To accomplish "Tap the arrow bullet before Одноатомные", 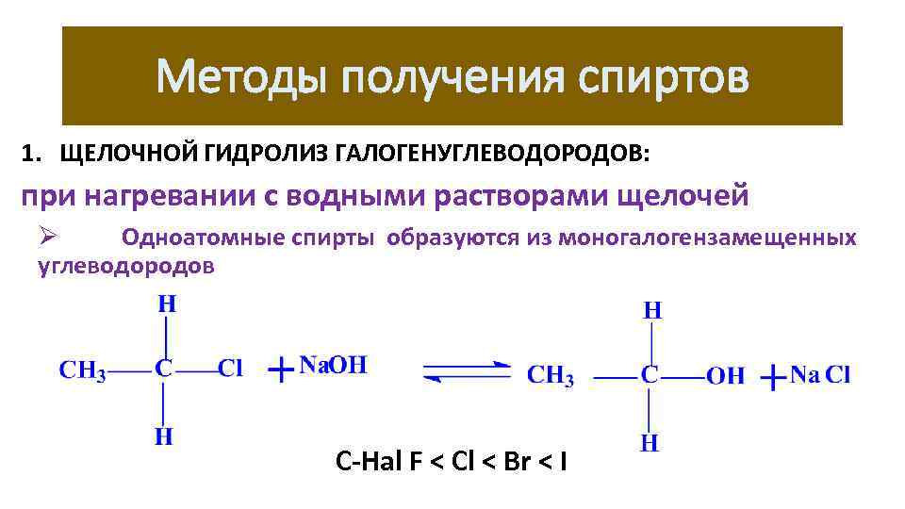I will click(x=50, y=236).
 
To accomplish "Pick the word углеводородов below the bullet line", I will click(x=125, y=266).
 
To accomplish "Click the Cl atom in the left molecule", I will click(x=230, y=369).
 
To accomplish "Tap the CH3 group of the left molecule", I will click(x=83, y=369).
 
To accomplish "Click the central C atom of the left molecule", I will click(x=164, y=369).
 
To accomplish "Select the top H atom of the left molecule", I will click(x=166, y=304).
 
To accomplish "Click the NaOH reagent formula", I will click(x=332, y=366).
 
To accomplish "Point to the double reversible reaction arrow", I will click(x=467, y=371).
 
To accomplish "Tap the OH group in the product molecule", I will click(x=725, y=375).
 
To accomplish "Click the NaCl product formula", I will click(x=820, y=374).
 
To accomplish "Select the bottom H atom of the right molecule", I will click(x=650, y=442).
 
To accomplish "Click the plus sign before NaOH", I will click(x=280, y=369).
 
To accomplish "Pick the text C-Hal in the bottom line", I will click(x=369, y=462).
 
